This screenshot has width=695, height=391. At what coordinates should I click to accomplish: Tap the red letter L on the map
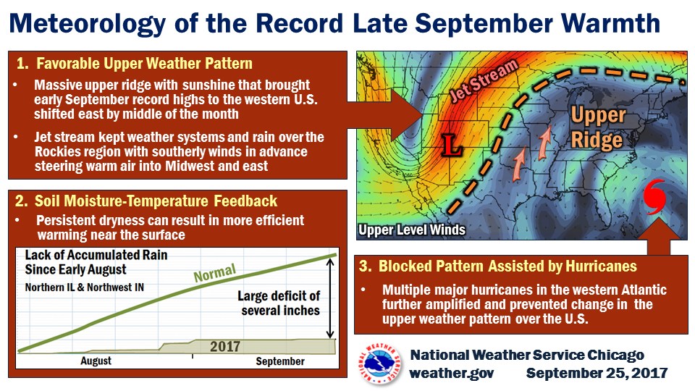[452, 146]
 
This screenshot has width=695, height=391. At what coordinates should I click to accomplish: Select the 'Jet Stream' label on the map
[484, 80]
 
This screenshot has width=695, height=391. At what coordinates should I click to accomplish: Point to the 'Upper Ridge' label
[598, 127]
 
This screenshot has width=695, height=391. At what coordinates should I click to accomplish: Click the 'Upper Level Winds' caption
[412, 230]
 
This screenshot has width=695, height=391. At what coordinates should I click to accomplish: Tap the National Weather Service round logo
[380, 363]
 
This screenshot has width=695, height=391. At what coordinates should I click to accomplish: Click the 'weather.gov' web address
[451, 373]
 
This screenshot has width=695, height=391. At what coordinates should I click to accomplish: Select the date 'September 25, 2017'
[597, 373]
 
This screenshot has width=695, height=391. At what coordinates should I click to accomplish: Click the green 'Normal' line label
[215, 273]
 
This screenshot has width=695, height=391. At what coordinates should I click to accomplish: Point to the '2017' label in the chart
[225, 346]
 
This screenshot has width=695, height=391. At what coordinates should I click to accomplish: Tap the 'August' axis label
[96, 361]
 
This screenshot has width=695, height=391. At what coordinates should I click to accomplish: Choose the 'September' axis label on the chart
[280, 361]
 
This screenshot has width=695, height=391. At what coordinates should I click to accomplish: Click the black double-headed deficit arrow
[330, 299]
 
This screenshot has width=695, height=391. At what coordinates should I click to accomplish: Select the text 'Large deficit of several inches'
[279, 303]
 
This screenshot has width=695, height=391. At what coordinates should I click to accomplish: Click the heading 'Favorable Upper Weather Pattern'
[144, 64]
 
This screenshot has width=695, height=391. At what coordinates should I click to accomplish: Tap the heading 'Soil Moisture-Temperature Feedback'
[156, 201]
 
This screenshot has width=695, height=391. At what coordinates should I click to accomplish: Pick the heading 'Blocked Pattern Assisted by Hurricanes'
[507, 266]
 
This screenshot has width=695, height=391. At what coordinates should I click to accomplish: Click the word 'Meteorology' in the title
[88, 23]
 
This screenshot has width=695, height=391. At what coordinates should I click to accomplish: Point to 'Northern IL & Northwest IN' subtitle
[84, 287]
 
